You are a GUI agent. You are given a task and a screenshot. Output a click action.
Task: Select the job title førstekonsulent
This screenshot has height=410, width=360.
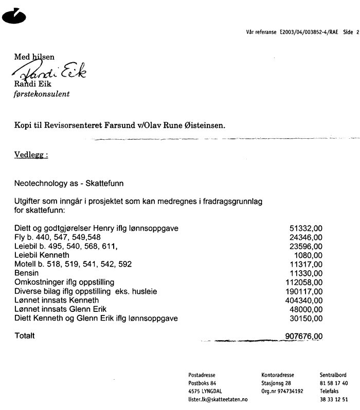click(x=42, y=95)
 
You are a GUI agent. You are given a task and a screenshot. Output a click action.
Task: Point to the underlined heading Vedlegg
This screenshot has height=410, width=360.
click(x=31, y=155)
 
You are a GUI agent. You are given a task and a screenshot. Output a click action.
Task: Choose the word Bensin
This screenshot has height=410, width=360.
click(x=27, y=273)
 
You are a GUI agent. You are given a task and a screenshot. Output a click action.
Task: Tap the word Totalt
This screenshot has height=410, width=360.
click(x=25, y=336)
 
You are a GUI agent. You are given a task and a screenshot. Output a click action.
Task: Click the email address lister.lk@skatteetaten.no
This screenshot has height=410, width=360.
click(x=218, y=399)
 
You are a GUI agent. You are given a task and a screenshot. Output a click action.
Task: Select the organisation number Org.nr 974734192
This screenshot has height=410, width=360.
click(x=282, y=391)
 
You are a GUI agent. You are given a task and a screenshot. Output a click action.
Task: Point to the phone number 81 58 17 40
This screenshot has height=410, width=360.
click(x=334, y=383)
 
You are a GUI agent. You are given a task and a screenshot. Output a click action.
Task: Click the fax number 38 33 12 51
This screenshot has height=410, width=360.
click(x=334, y=399)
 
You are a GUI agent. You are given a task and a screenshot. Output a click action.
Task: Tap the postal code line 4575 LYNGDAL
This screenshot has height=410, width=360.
click(x=206, y=391)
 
